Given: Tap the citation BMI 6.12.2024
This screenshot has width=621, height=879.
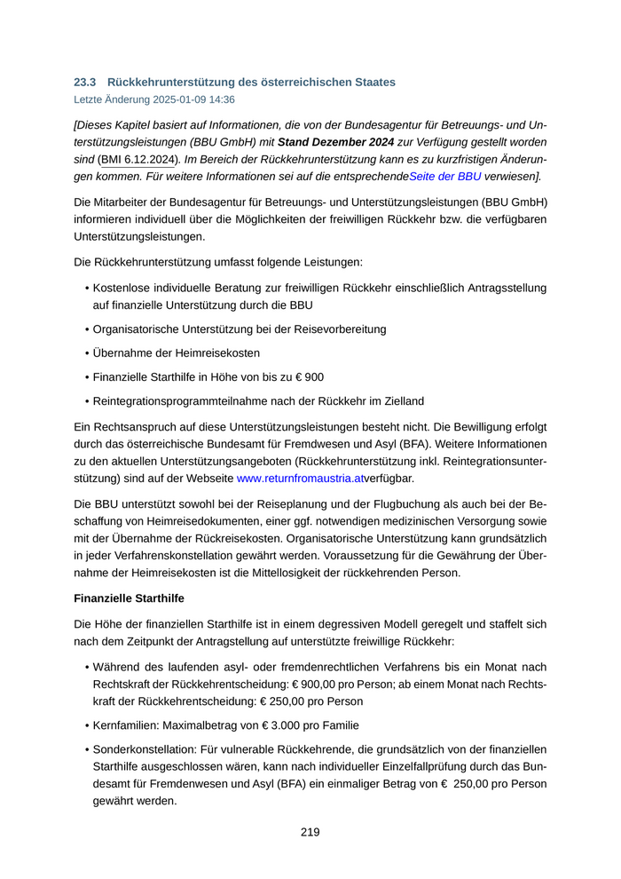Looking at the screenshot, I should coord(138,159).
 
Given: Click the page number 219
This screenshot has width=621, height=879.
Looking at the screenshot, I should coord(310,832).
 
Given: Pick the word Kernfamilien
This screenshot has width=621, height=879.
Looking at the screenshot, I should coord(127,725).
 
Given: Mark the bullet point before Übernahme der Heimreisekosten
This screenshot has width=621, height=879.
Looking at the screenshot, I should coord(86,352).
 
